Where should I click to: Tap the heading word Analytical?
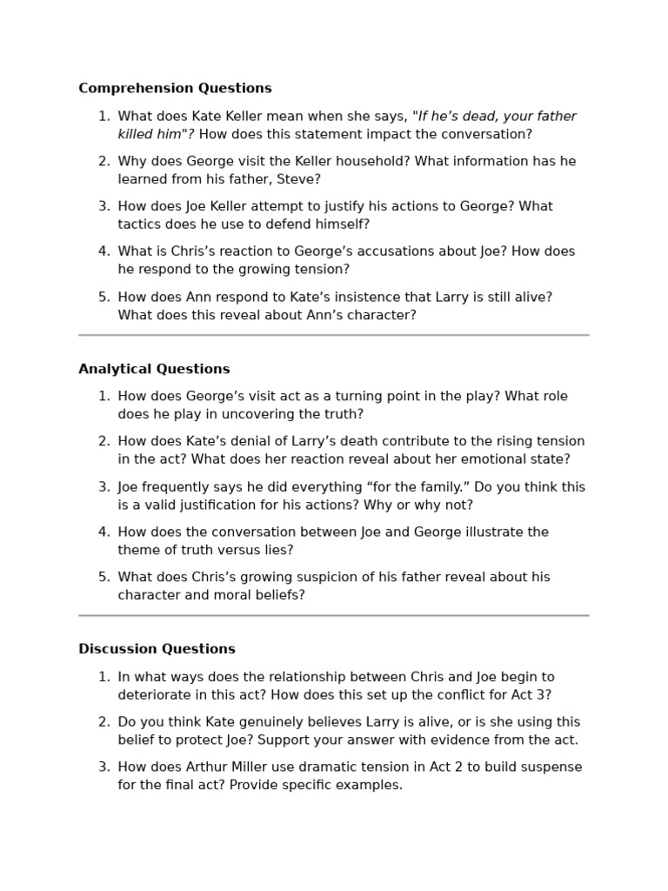pos(113,369)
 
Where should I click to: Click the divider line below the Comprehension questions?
pos(333,335)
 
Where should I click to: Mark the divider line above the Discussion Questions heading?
pos(333,615)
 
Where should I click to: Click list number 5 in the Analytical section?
pos(104,577)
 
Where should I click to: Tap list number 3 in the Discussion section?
pos(104,767)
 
